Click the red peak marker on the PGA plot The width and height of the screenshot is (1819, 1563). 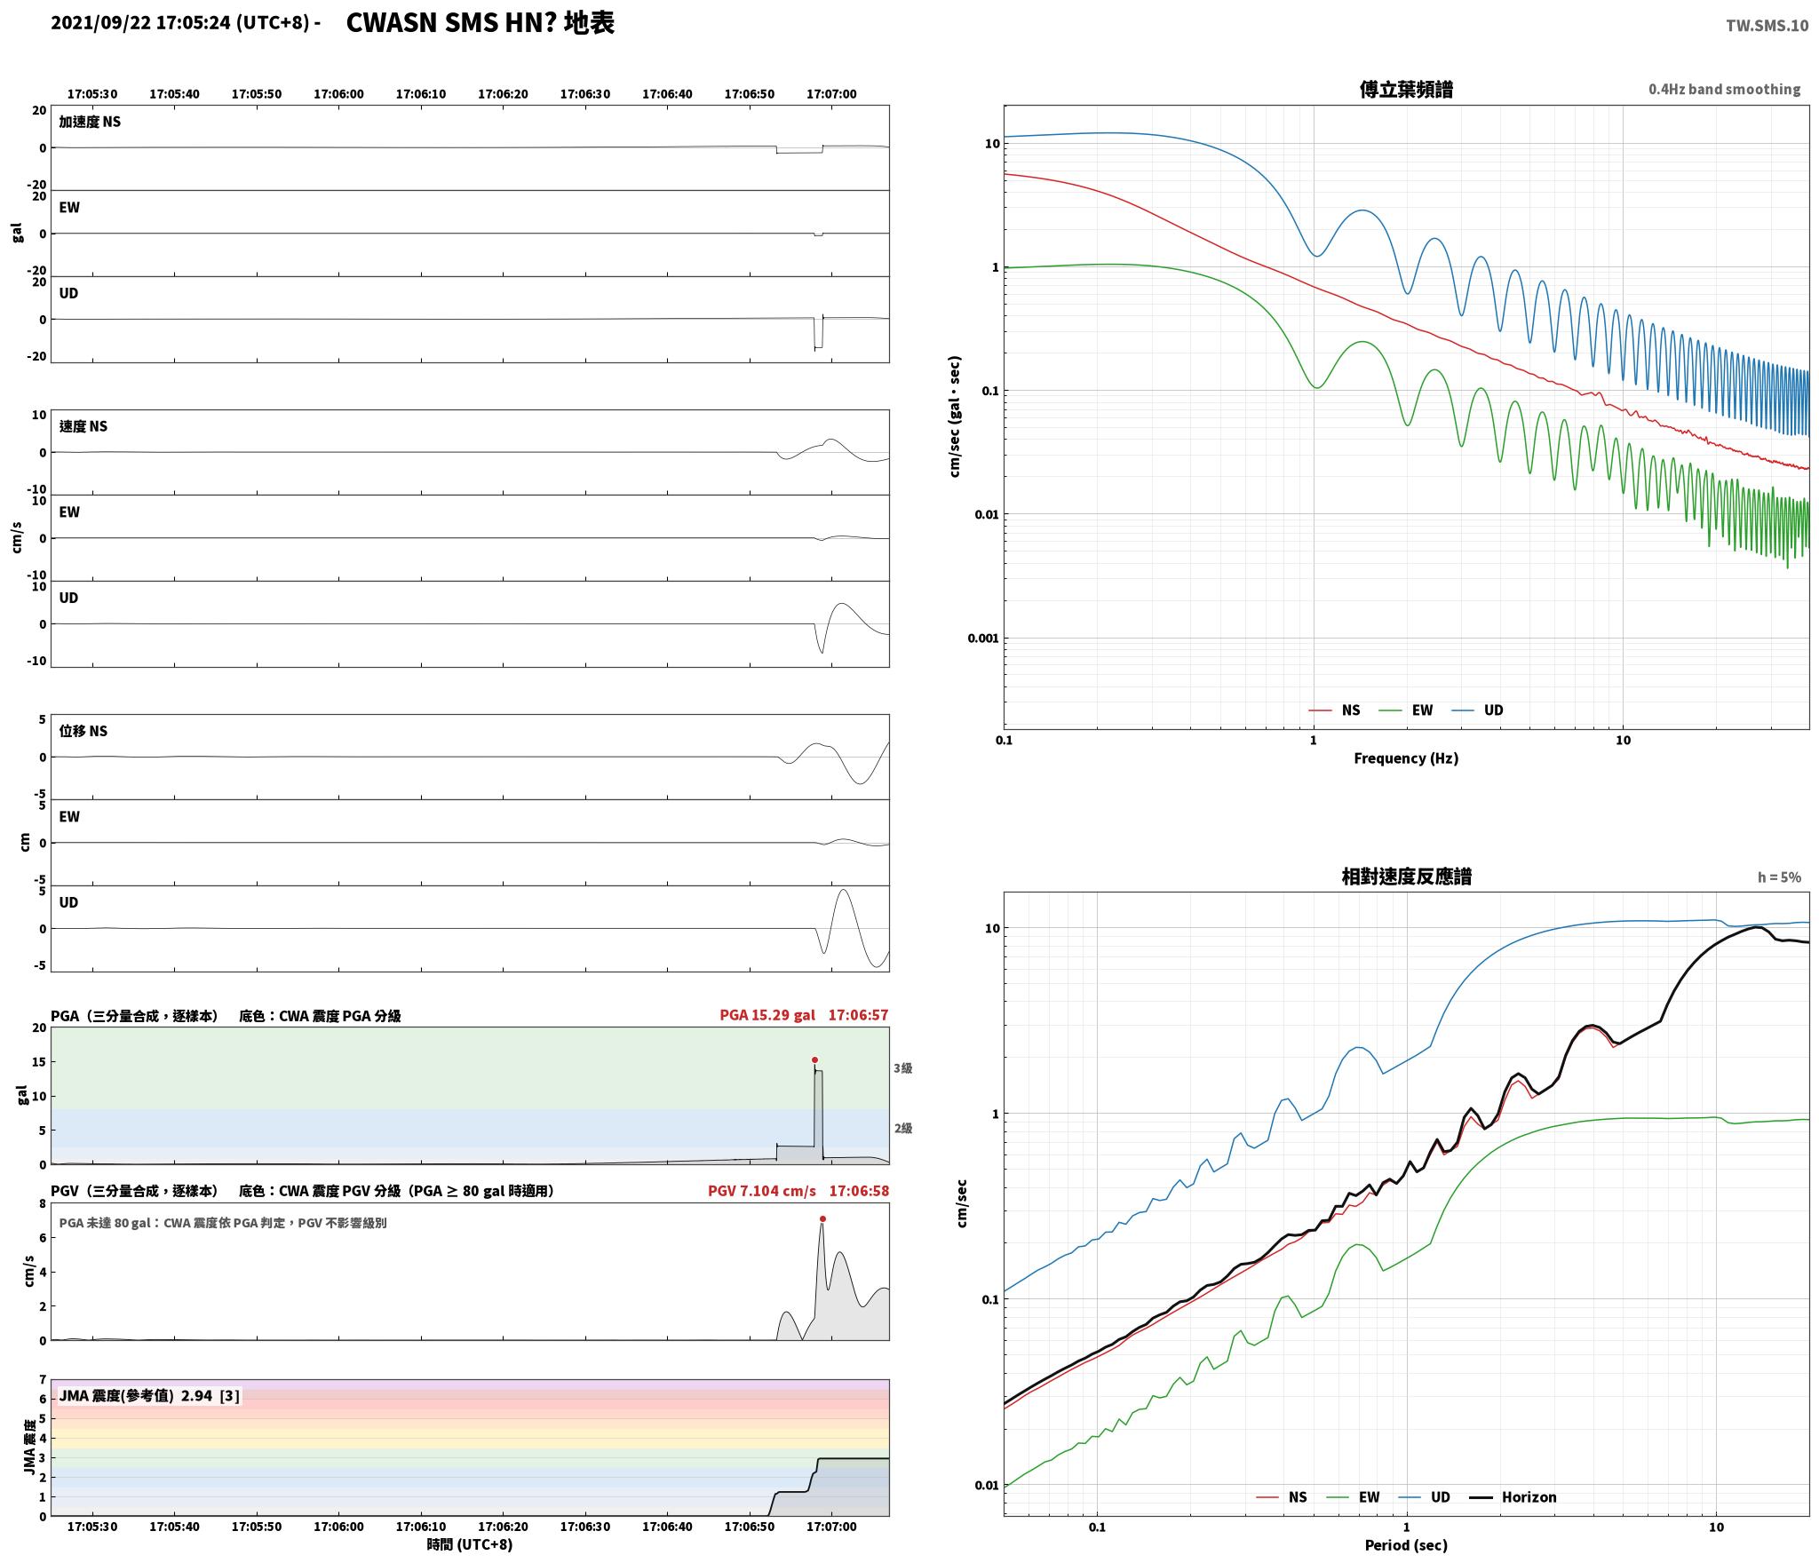[814, 1059]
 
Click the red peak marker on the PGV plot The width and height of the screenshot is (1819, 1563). [822, 1218]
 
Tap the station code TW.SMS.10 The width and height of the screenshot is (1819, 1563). [1767, 26]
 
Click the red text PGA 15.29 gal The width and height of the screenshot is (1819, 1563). [767, 1015]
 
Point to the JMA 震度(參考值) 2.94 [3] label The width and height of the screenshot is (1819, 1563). [149, 1396]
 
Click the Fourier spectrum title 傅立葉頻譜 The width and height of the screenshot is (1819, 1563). [1406, 90]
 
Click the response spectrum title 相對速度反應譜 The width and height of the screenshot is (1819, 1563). [1406, 877]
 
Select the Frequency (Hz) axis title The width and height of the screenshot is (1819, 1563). [1406, 758]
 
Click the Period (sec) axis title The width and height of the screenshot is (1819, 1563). [1406, 1545]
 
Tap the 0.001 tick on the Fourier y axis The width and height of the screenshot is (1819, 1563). [983, 638]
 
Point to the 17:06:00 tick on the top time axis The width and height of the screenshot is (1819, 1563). [338, 94]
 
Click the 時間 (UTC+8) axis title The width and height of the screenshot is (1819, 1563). [470, 1544]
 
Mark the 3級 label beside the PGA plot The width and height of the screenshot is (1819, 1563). [902, 1068]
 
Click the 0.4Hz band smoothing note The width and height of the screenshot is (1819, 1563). [1724, 90]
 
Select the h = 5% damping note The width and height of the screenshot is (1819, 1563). [1779, 877]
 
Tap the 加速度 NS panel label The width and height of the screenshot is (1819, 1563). [90, 122]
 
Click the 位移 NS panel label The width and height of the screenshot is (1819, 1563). [83, 731]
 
